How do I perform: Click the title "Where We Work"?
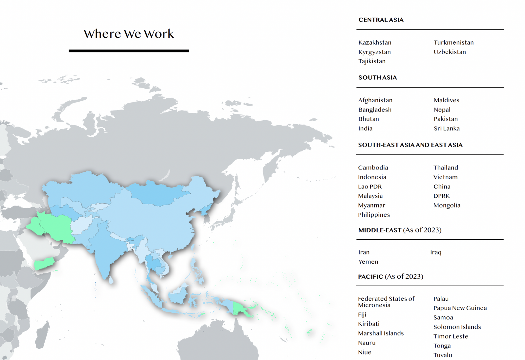[129, 34]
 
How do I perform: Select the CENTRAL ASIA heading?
[381, 20]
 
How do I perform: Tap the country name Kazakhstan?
[375, 42]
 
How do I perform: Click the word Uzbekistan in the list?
[450, 52]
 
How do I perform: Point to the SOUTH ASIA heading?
[377, 77]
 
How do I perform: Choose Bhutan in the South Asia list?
[368, 119]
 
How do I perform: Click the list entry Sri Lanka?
[447, 128]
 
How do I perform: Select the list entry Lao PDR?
[370, 186]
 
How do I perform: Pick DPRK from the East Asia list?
[441, 196]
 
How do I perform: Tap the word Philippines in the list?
[374, 215]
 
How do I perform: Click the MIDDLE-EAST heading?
[380, 230]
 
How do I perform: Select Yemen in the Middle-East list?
[368, 262]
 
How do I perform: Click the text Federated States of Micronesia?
[386, 302]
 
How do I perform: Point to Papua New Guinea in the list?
[460, 308]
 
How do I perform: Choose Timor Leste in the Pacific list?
[451, 336]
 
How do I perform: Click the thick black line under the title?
[129, 51]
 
